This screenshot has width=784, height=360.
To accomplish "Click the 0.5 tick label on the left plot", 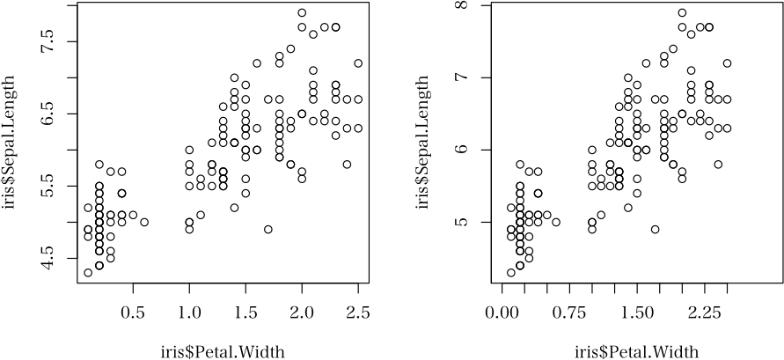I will (x=133, y=312).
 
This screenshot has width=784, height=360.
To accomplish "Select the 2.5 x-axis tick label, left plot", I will (x=358, y=312).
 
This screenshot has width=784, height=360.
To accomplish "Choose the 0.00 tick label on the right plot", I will (x=502, y=312).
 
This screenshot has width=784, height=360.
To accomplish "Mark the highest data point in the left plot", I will (x=302, y=13).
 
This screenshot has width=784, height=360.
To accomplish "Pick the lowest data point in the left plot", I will (x=88, y=273).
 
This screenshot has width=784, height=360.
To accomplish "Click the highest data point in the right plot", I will (x=682, y=13).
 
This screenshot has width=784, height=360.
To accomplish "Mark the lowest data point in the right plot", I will (x=511, y=273).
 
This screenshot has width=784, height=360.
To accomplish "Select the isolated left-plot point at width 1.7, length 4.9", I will (x=268, y=229).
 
